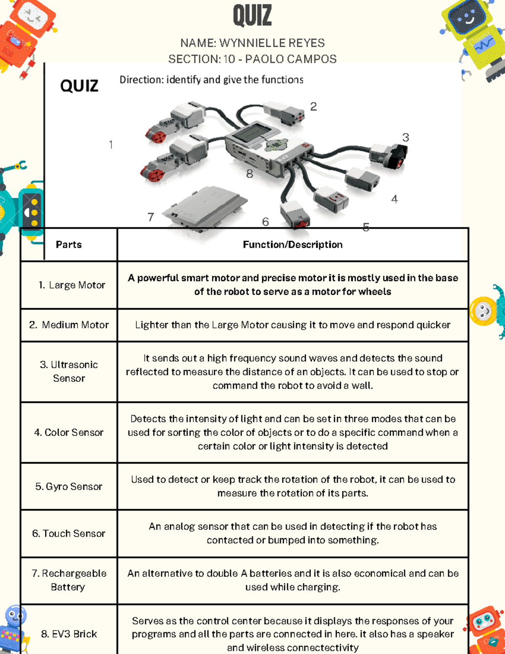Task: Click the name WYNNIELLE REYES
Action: (271, 43)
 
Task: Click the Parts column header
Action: (69, 245)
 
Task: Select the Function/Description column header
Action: (292, 245)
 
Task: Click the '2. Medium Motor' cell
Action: (69, 325)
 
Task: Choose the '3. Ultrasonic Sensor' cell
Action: (69, 371)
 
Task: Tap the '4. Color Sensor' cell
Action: (69, 432)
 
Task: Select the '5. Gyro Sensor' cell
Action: (69, 486)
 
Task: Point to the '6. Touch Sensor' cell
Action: (69, 534)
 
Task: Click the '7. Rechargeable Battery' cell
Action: (69, 580)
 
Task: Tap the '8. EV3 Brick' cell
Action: (69, 634)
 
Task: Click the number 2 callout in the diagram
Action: (314, 107)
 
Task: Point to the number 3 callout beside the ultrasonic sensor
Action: (405, 138)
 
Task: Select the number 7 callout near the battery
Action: (151, 217)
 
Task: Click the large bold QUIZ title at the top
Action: (252, 16)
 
